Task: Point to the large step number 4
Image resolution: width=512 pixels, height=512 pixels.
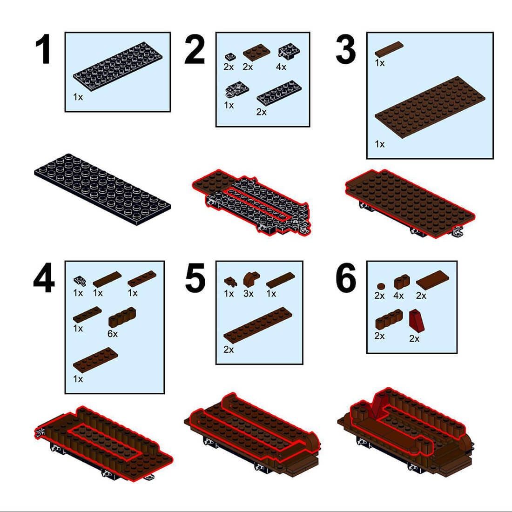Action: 44,277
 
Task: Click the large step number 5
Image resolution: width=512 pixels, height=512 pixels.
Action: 195,277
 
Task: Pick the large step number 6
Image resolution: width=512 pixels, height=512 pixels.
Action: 346,277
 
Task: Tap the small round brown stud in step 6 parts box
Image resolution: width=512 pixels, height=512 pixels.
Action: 380,286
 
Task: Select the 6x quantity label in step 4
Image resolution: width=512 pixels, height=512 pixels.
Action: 112,334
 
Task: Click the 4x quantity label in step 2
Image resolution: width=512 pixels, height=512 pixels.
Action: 281,67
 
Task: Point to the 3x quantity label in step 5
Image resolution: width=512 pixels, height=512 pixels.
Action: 248,294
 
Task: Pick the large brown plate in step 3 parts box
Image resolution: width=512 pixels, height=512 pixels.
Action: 430,107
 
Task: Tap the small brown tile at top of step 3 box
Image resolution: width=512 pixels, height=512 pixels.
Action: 389,49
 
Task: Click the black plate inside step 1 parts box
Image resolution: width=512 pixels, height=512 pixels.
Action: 118,67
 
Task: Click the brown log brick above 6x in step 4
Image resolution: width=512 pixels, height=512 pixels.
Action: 122,317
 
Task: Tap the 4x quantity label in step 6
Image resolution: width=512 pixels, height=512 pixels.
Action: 398,296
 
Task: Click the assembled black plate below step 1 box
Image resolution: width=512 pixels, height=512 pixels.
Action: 102,190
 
